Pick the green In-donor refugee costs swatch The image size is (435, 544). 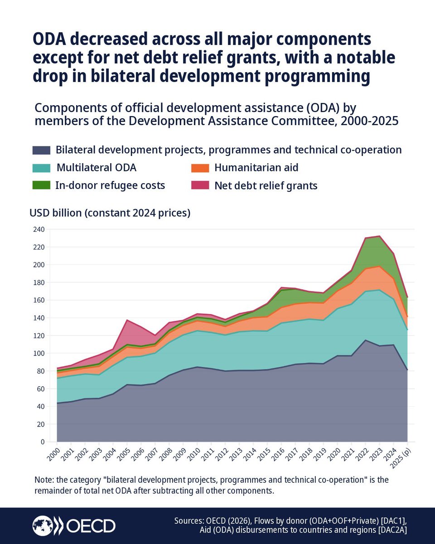tap(41, 185)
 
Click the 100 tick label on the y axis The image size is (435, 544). tap(38, 353)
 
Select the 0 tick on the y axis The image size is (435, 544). tap(42, 442)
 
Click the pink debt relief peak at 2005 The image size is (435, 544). tap(127, 321)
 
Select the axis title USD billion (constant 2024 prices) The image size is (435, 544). tap(110, 213)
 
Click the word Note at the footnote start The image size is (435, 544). tap(43, 480)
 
